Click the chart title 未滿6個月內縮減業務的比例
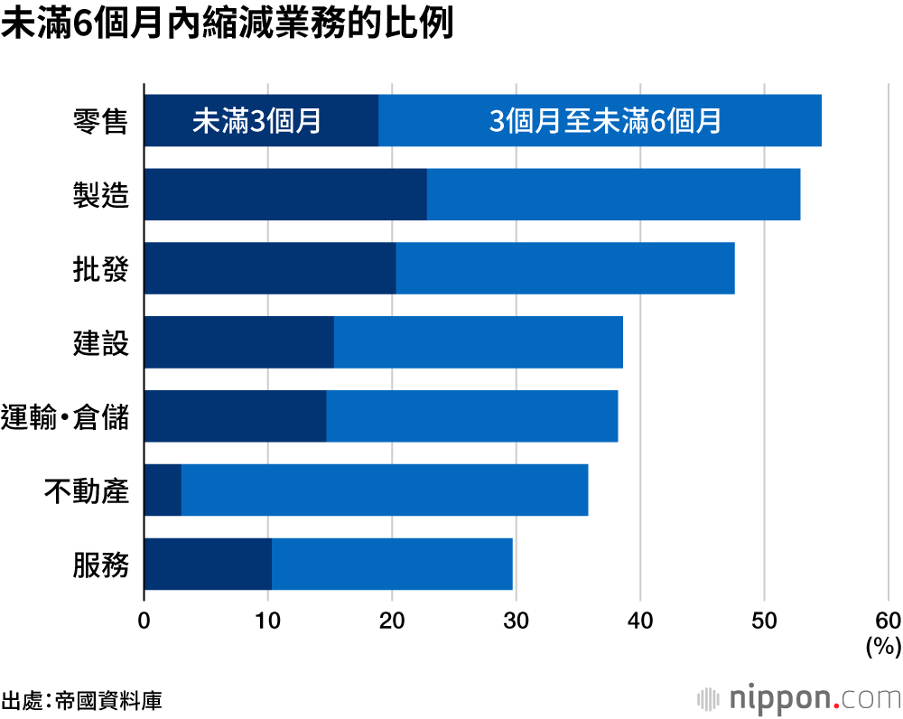(x=227, y=25)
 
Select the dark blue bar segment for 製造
(x=285, y=194)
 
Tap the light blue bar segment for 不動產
(x=385, y=490)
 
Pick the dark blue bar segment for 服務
(x=208, y=564)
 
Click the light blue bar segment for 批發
(x=565, y=268)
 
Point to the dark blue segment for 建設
(x=238, y=342)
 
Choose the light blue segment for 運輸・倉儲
(x=472, y=416)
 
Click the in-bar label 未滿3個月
(x=257, y=121)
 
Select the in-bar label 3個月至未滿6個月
(x=605, y=121)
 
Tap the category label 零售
(x=100, y=121)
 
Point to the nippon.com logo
(x=799, y=697)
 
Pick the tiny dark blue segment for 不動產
(x=163, y=490)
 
